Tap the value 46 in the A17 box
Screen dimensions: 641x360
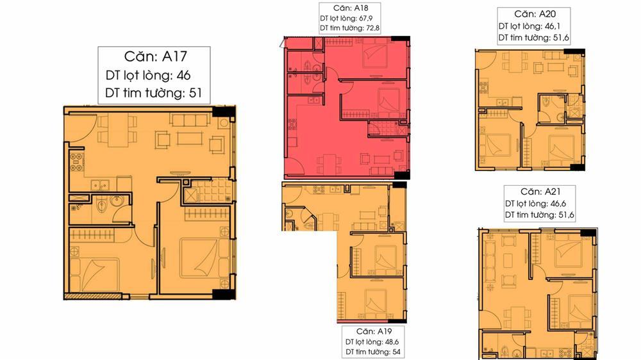pyautogui.click(x=183, y=75)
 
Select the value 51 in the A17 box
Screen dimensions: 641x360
pyautogui.click(x=196, y=93)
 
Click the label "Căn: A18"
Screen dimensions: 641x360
pyautogui.click(x=351, y=8)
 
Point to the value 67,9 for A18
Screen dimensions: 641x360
pyautogui.click(x=365, y=19)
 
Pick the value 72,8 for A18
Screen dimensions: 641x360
pyautogui.click(x=372, y=28)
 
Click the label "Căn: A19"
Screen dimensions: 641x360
pyautogui.click(x=374, y=331)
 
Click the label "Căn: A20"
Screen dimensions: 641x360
pyautogui.click(x=535, y=14)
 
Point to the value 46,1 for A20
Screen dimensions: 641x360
pyautogui.click(x=553, y=26)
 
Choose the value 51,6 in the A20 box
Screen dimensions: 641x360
pyautogui.click(x=560, y=38)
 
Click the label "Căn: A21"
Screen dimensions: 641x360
pyautogui.click(x=540, y=192)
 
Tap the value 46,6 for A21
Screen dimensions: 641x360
pyautogui.click(x=558, y=204)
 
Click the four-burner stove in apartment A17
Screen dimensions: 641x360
pyautogui.click(x=76, y=162)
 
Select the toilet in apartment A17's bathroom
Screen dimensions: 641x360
pyautogui.click(x=101, y=206)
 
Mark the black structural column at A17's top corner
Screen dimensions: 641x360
pyautogui.click(x=224, y=111)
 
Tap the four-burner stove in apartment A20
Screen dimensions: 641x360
pyautogui.click(x=483, y=88)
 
